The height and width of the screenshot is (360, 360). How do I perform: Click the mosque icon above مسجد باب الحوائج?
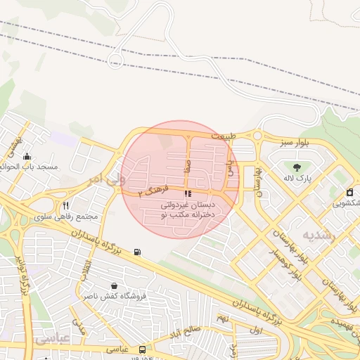(27, 156)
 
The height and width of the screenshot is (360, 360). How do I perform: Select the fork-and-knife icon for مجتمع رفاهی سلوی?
(66, 205)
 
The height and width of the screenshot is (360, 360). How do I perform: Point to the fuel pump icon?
(136, 252)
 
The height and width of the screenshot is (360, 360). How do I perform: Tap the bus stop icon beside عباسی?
(143, 349)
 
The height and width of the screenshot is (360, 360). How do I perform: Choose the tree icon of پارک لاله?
(298, 167)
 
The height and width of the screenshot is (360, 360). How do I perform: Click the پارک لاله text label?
(298, 179)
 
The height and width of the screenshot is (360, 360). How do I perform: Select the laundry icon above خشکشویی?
(349, 193)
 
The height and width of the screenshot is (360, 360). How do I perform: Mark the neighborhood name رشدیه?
(316, 233)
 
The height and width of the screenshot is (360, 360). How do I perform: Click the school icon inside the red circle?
(187, 193)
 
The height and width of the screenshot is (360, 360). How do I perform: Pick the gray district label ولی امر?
(105, 180)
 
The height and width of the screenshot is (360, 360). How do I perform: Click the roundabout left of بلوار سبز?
(257, 136)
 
